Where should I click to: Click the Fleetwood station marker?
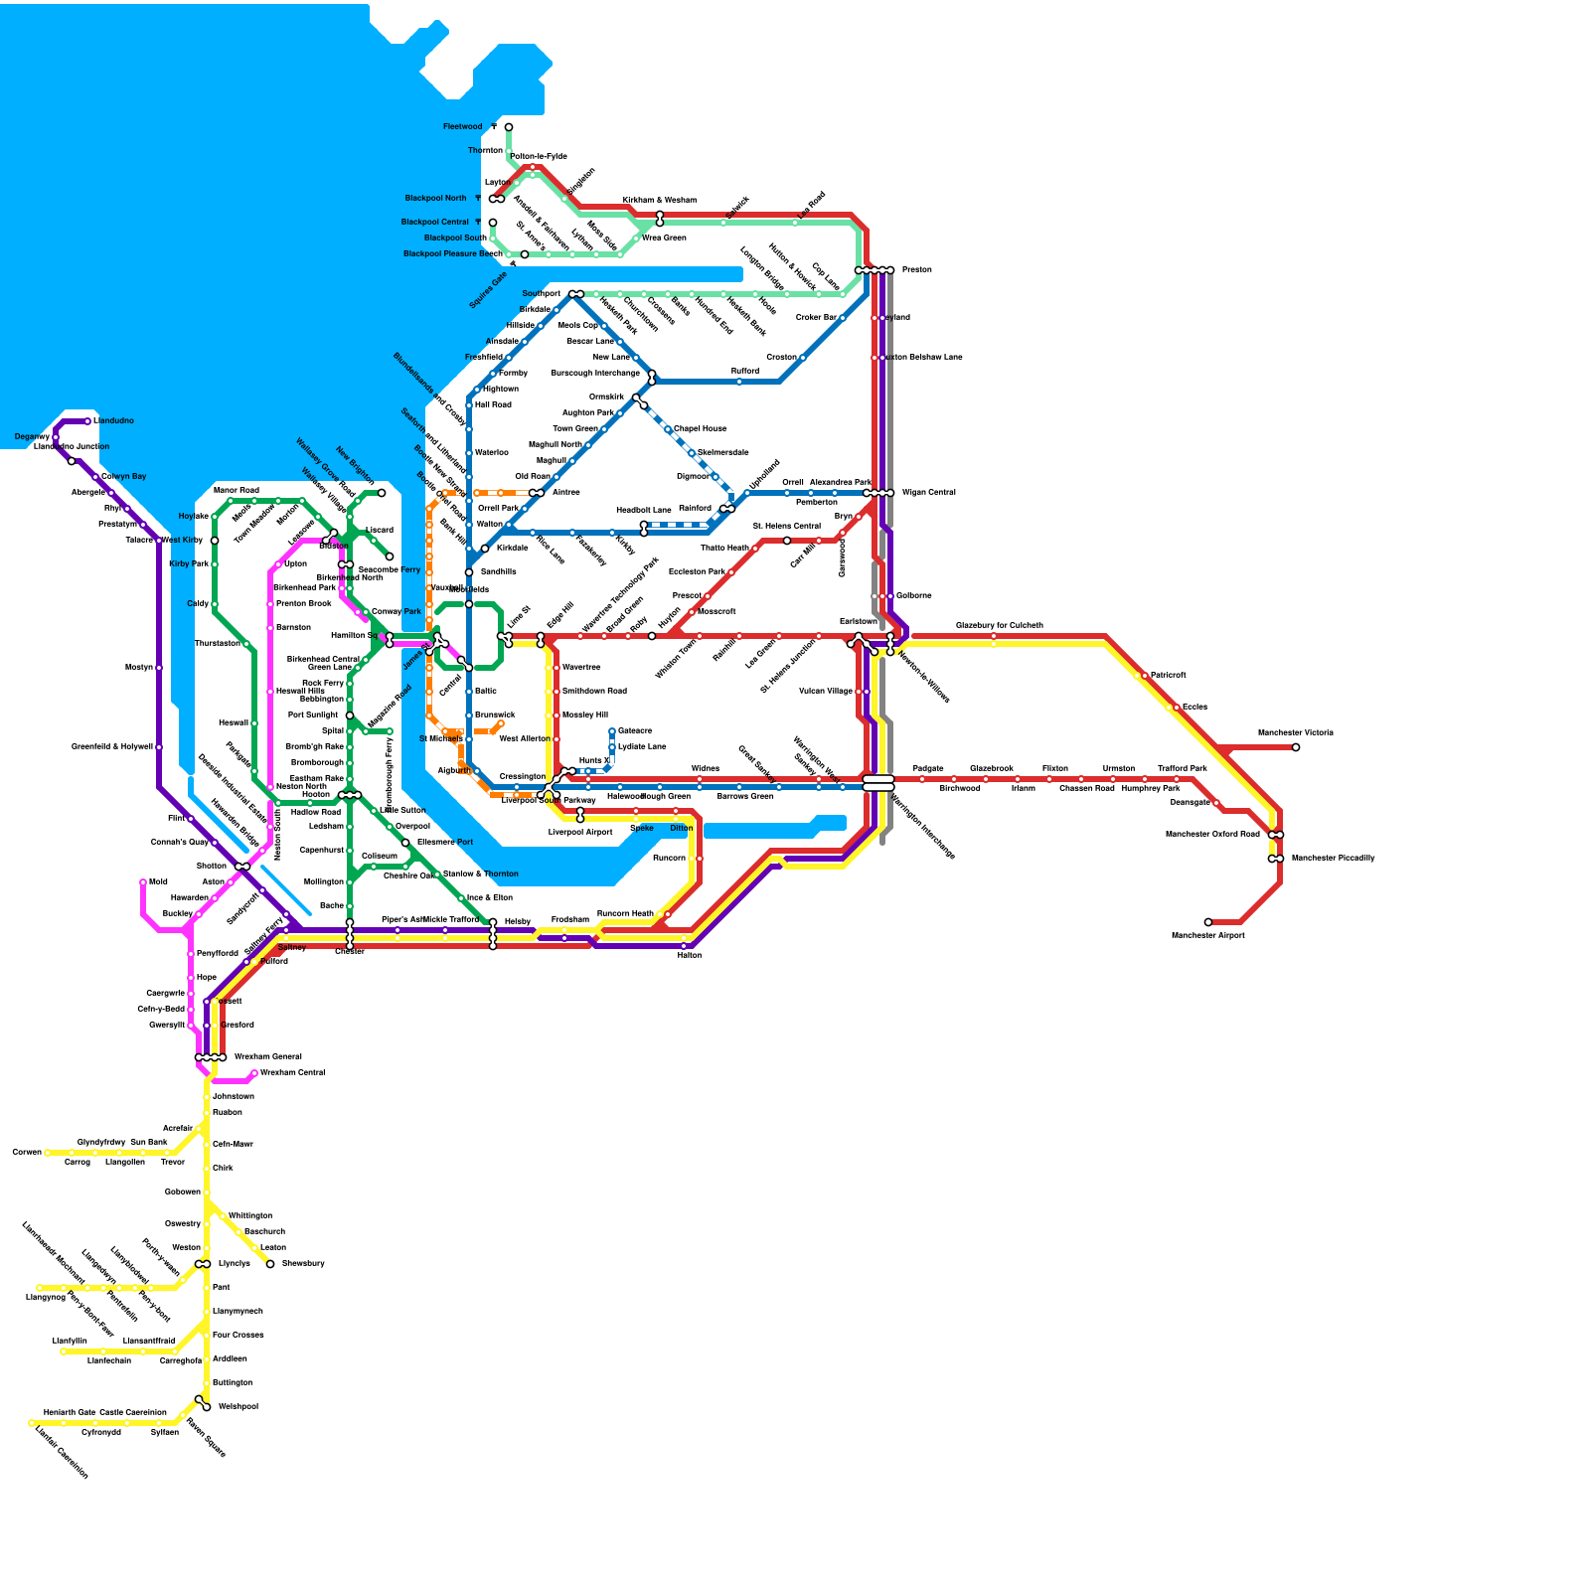click(509, 127)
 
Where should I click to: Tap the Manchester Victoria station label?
click(1295, 733)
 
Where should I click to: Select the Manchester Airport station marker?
click(1208, 922)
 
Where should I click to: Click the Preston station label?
click(916, 270)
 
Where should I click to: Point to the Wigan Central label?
click(928, 493)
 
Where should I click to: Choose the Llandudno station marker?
click(87, 421)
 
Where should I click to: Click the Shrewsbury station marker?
click(270, 1264)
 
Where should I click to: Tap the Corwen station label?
click(27, 1153)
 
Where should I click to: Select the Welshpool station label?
click(238, 1407)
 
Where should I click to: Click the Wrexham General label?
click(267, 1057)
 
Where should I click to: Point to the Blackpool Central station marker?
click(493, 223)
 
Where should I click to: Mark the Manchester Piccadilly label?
click(1333, 859)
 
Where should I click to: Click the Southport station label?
click(542, 294)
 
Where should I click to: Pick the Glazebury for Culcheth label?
click(999, 625)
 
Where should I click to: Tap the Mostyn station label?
click(139, 668)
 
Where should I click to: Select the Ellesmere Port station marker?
click(405, 843)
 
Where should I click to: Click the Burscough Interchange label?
click(595, 374)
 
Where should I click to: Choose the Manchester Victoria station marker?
click(1296, 747)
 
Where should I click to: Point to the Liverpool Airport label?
click(580, 833)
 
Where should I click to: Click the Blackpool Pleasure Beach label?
click(452, 254)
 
